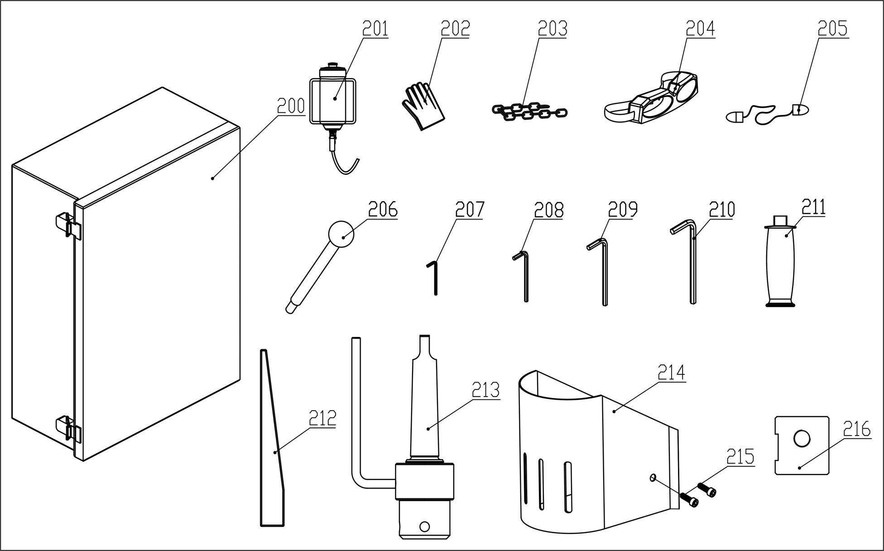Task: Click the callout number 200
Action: coord(291,106)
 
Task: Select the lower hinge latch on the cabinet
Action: coord(68,428)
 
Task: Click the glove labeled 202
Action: coord(423,105)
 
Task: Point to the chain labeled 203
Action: coord(528,111)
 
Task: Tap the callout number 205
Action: coord(832,29)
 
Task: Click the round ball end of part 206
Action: coord(341,234)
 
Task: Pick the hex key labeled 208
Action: coord(525,276)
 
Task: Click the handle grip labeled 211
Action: coord(780,263)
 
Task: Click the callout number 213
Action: coord(485,390)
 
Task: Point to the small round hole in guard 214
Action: coord(653,477)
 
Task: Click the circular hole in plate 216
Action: coord(802,438)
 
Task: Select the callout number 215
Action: coord(740,457)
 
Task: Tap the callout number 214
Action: coord(671,373)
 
